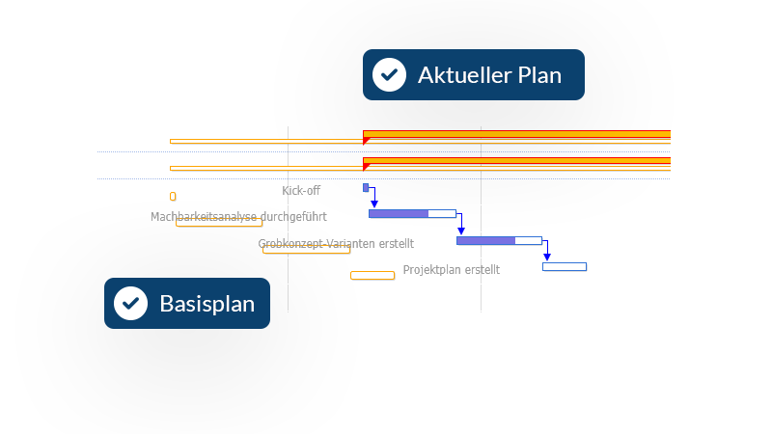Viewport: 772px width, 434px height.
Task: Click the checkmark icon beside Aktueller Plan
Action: point(389,75)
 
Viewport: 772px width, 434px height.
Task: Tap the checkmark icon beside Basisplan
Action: point(130,303)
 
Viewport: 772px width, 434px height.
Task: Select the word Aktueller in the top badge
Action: point(460,75)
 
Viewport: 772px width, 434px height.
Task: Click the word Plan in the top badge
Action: point(539,75)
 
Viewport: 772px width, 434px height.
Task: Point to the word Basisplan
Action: point(207,304)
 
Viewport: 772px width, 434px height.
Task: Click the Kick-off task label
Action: point(301,190)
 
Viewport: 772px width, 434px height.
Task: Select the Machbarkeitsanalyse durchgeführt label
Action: point(238,216)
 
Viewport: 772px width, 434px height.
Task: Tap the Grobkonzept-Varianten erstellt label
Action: point(336,244)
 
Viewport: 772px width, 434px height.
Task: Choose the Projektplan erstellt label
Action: point(451,270)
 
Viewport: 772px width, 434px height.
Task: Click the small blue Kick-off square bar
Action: point(366,187)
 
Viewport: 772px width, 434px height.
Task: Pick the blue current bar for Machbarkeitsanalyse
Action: point(413,213)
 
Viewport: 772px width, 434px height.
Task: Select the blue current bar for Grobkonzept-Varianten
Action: point(499,240)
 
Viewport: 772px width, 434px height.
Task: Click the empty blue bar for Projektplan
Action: point(565,267)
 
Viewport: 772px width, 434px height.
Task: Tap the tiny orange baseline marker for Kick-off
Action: point(173,197)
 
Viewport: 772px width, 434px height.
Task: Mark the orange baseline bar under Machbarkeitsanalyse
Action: point(219,223)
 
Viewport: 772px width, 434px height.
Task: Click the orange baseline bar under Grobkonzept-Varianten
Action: point(306,250)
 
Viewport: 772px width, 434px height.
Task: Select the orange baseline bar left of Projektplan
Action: point(372,276)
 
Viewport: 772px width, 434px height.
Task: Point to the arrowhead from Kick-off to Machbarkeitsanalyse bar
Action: point(374,204)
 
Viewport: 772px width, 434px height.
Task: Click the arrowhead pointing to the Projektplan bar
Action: point(547,258)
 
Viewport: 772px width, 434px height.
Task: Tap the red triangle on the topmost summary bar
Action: point(366,141)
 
